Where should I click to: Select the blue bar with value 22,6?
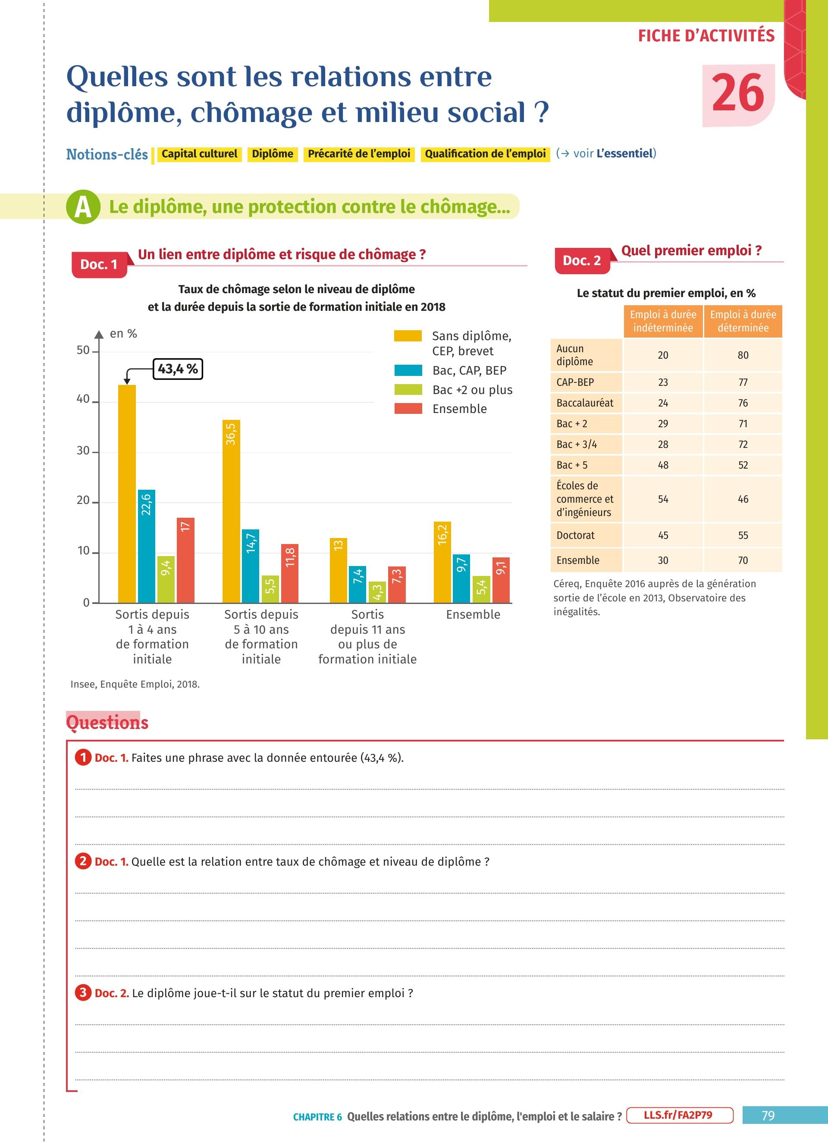147,546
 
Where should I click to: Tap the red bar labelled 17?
185,560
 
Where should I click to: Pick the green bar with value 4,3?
377,592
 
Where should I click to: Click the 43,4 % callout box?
178,369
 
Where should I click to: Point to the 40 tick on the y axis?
83,399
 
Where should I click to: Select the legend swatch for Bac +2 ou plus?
408,390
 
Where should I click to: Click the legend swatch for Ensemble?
408,408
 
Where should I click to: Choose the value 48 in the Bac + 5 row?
663,465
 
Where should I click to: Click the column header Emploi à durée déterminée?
743,321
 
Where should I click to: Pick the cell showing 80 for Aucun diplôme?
743,355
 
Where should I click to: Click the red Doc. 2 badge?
582,260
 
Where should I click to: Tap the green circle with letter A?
83,207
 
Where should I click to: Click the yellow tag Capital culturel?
199,154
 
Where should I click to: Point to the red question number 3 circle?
83,992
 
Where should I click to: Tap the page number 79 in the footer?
768,1115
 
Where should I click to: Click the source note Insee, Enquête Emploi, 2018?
135,684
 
